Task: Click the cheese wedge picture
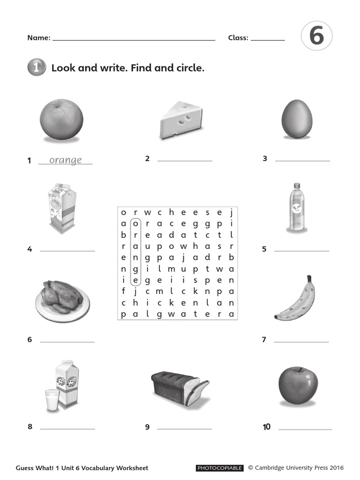182,121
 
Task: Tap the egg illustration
297,119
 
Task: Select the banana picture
296,300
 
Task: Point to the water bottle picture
296,207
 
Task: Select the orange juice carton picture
62,208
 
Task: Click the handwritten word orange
65,160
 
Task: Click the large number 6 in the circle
317,36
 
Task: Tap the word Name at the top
38,38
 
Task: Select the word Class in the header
238,38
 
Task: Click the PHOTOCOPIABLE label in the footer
219,468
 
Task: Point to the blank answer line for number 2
185,161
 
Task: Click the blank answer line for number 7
301,342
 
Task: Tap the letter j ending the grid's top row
231,212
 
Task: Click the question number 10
267,427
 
